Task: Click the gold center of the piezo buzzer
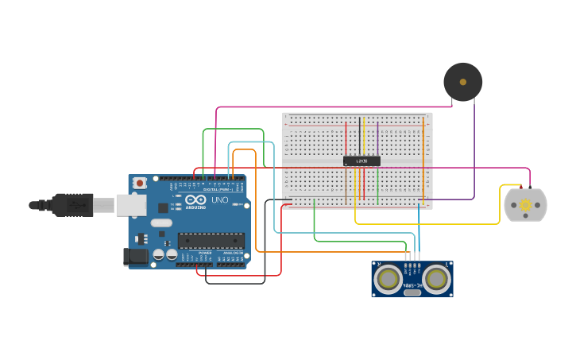[x=462, y=82]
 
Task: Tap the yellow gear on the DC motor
[x=525, y=205]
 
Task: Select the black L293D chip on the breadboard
[x=361, y=161]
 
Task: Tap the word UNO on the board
[x=219, y=200]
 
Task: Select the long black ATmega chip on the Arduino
[x=211, y=240]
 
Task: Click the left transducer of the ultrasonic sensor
[x=389, y=279]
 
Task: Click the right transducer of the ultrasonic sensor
[x=436, y=279]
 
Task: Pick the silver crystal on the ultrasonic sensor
[x=412, y=292]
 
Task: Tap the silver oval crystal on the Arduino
[x=161, y=223]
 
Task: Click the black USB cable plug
[x=72, y=205]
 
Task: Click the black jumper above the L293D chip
[x=359, y=136]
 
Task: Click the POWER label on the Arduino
[x=205, y=254]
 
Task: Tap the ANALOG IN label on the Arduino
[x=233, y=254]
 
